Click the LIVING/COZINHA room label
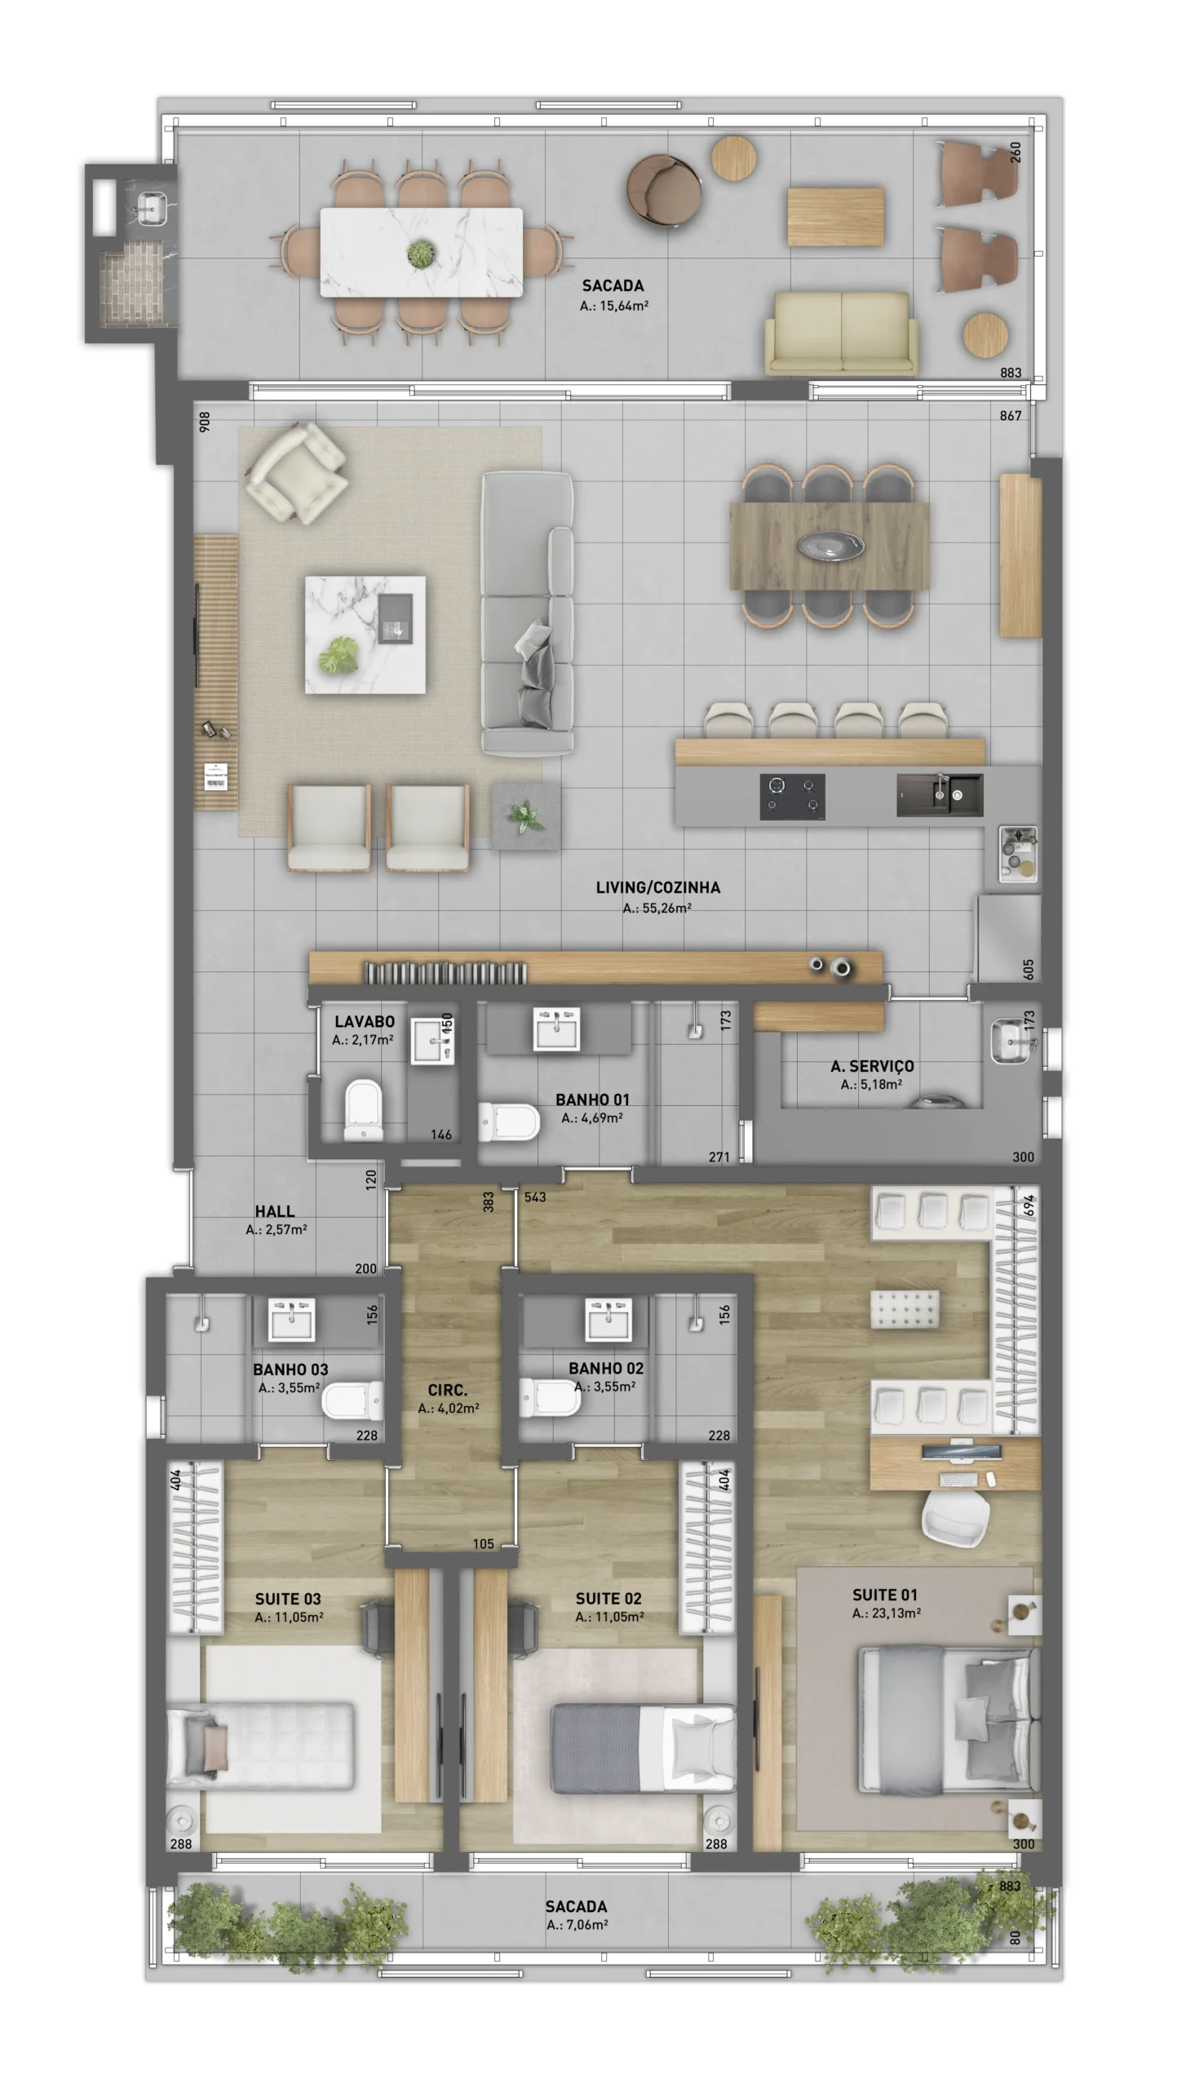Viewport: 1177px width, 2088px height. click(657, 887)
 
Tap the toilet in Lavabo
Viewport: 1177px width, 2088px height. click(363, 1110)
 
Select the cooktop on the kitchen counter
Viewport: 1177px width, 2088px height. click(792, 796)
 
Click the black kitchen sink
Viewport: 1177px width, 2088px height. click(940, 794)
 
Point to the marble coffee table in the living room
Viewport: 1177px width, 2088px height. click(365, 635)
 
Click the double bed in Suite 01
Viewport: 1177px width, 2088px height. click(949, 1719)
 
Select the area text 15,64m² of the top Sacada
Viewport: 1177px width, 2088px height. click(625, 306)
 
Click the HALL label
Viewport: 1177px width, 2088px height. click(274, 1211)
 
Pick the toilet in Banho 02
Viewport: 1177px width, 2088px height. click(551, 1398)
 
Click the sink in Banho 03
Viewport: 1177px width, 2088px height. click(291, 1320)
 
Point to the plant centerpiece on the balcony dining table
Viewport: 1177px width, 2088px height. click(421, 254)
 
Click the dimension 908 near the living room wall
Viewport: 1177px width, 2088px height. click(205, 421)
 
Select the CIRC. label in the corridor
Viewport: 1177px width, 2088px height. click(447, 1390)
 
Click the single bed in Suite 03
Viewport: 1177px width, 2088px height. click(261, 1746)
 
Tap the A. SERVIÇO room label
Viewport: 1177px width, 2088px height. click(872, 1066)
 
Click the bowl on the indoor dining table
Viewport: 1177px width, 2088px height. click(830, 544)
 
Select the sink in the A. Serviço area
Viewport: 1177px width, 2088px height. click(1011, 1042)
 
